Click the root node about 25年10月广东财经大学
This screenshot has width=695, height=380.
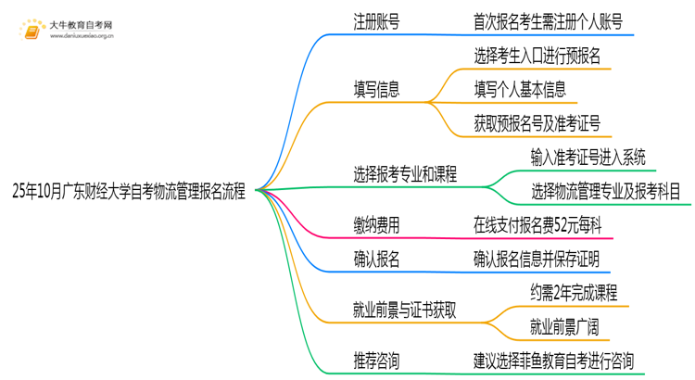tap(129, 192)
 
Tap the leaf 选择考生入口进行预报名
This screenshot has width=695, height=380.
tap(537, 56)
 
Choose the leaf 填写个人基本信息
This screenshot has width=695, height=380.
tap(521, 90)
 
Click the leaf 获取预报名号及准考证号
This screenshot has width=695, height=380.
tap(537, 122)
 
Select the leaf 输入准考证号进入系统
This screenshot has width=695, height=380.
tap(588, 157)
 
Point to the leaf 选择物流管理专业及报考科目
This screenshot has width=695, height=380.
tap(606, 191)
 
